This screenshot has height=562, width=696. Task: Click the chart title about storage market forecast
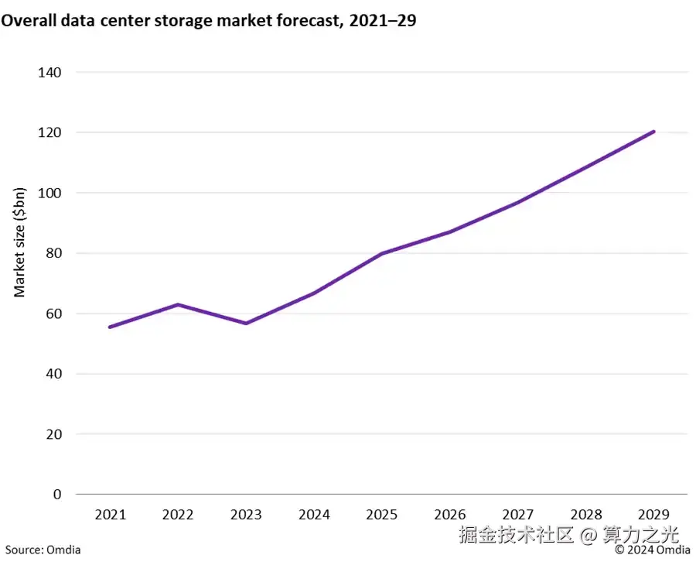[209, 22]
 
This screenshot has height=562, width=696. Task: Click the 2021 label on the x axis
[110, 514]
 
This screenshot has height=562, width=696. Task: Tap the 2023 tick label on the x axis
[246, 514]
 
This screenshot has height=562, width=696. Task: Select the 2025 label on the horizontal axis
[382, 514]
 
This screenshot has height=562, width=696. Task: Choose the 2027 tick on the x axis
[518, 514]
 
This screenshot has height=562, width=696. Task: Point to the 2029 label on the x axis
[653, 514]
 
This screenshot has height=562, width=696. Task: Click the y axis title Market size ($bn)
[21, 242]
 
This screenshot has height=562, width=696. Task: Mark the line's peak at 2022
[178, 304]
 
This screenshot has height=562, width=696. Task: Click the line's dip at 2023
[246, 323]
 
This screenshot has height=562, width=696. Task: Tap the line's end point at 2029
[653, 132]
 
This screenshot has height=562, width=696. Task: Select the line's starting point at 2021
[110, 327]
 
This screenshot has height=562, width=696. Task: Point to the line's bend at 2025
[382, 253]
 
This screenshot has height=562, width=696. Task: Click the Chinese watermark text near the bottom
[568, 534]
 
